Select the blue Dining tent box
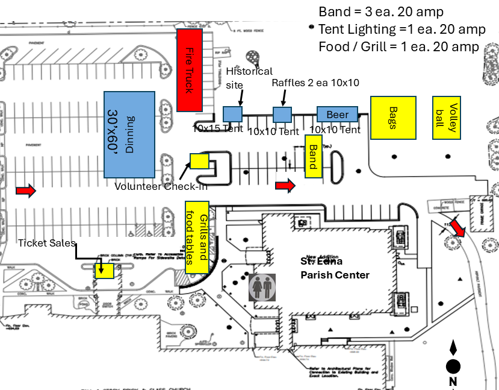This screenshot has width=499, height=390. pyautogui.click(x=130, y=134)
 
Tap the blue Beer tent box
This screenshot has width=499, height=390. pyautogui.click(x=337, y=115)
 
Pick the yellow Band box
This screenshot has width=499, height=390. pyautogui.click(x=313, y=156)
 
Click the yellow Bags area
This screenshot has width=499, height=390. pyautogui.click(x=392, y=118)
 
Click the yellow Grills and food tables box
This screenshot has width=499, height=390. pyautogui.click(x=197, y=237)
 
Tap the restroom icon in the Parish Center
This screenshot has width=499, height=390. pyautogui.click(x=262, y=288)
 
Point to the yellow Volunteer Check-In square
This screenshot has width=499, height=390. pyautogui.click(x=199, y=161)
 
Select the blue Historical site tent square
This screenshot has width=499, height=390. pyautogui.click(x=232, y=114)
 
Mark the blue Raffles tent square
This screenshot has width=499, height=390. pyautogui.click(x=282, y=115)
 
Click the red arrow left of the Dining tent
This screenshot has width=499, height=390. pyautogui.click(x=26, y=191)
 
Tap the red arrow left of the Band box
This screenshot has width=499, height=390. pyautogui.click(x=285, y=186)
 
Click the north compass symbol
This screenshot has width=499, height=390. pyautogui.click(x=453, y=362)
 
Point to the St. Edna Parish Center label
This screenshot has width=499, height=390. pyautogui.click(x=335, y=268)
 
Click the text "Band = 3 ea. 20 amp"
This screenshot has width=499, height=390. pyautogui.click(x=380, y=12)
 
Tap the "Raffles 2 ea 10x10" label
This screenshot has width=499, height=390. pyautogui.click(x=315, y=83)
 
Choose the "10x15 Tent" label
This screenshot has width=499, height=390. pyautogui.click(x=217, y=128)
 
